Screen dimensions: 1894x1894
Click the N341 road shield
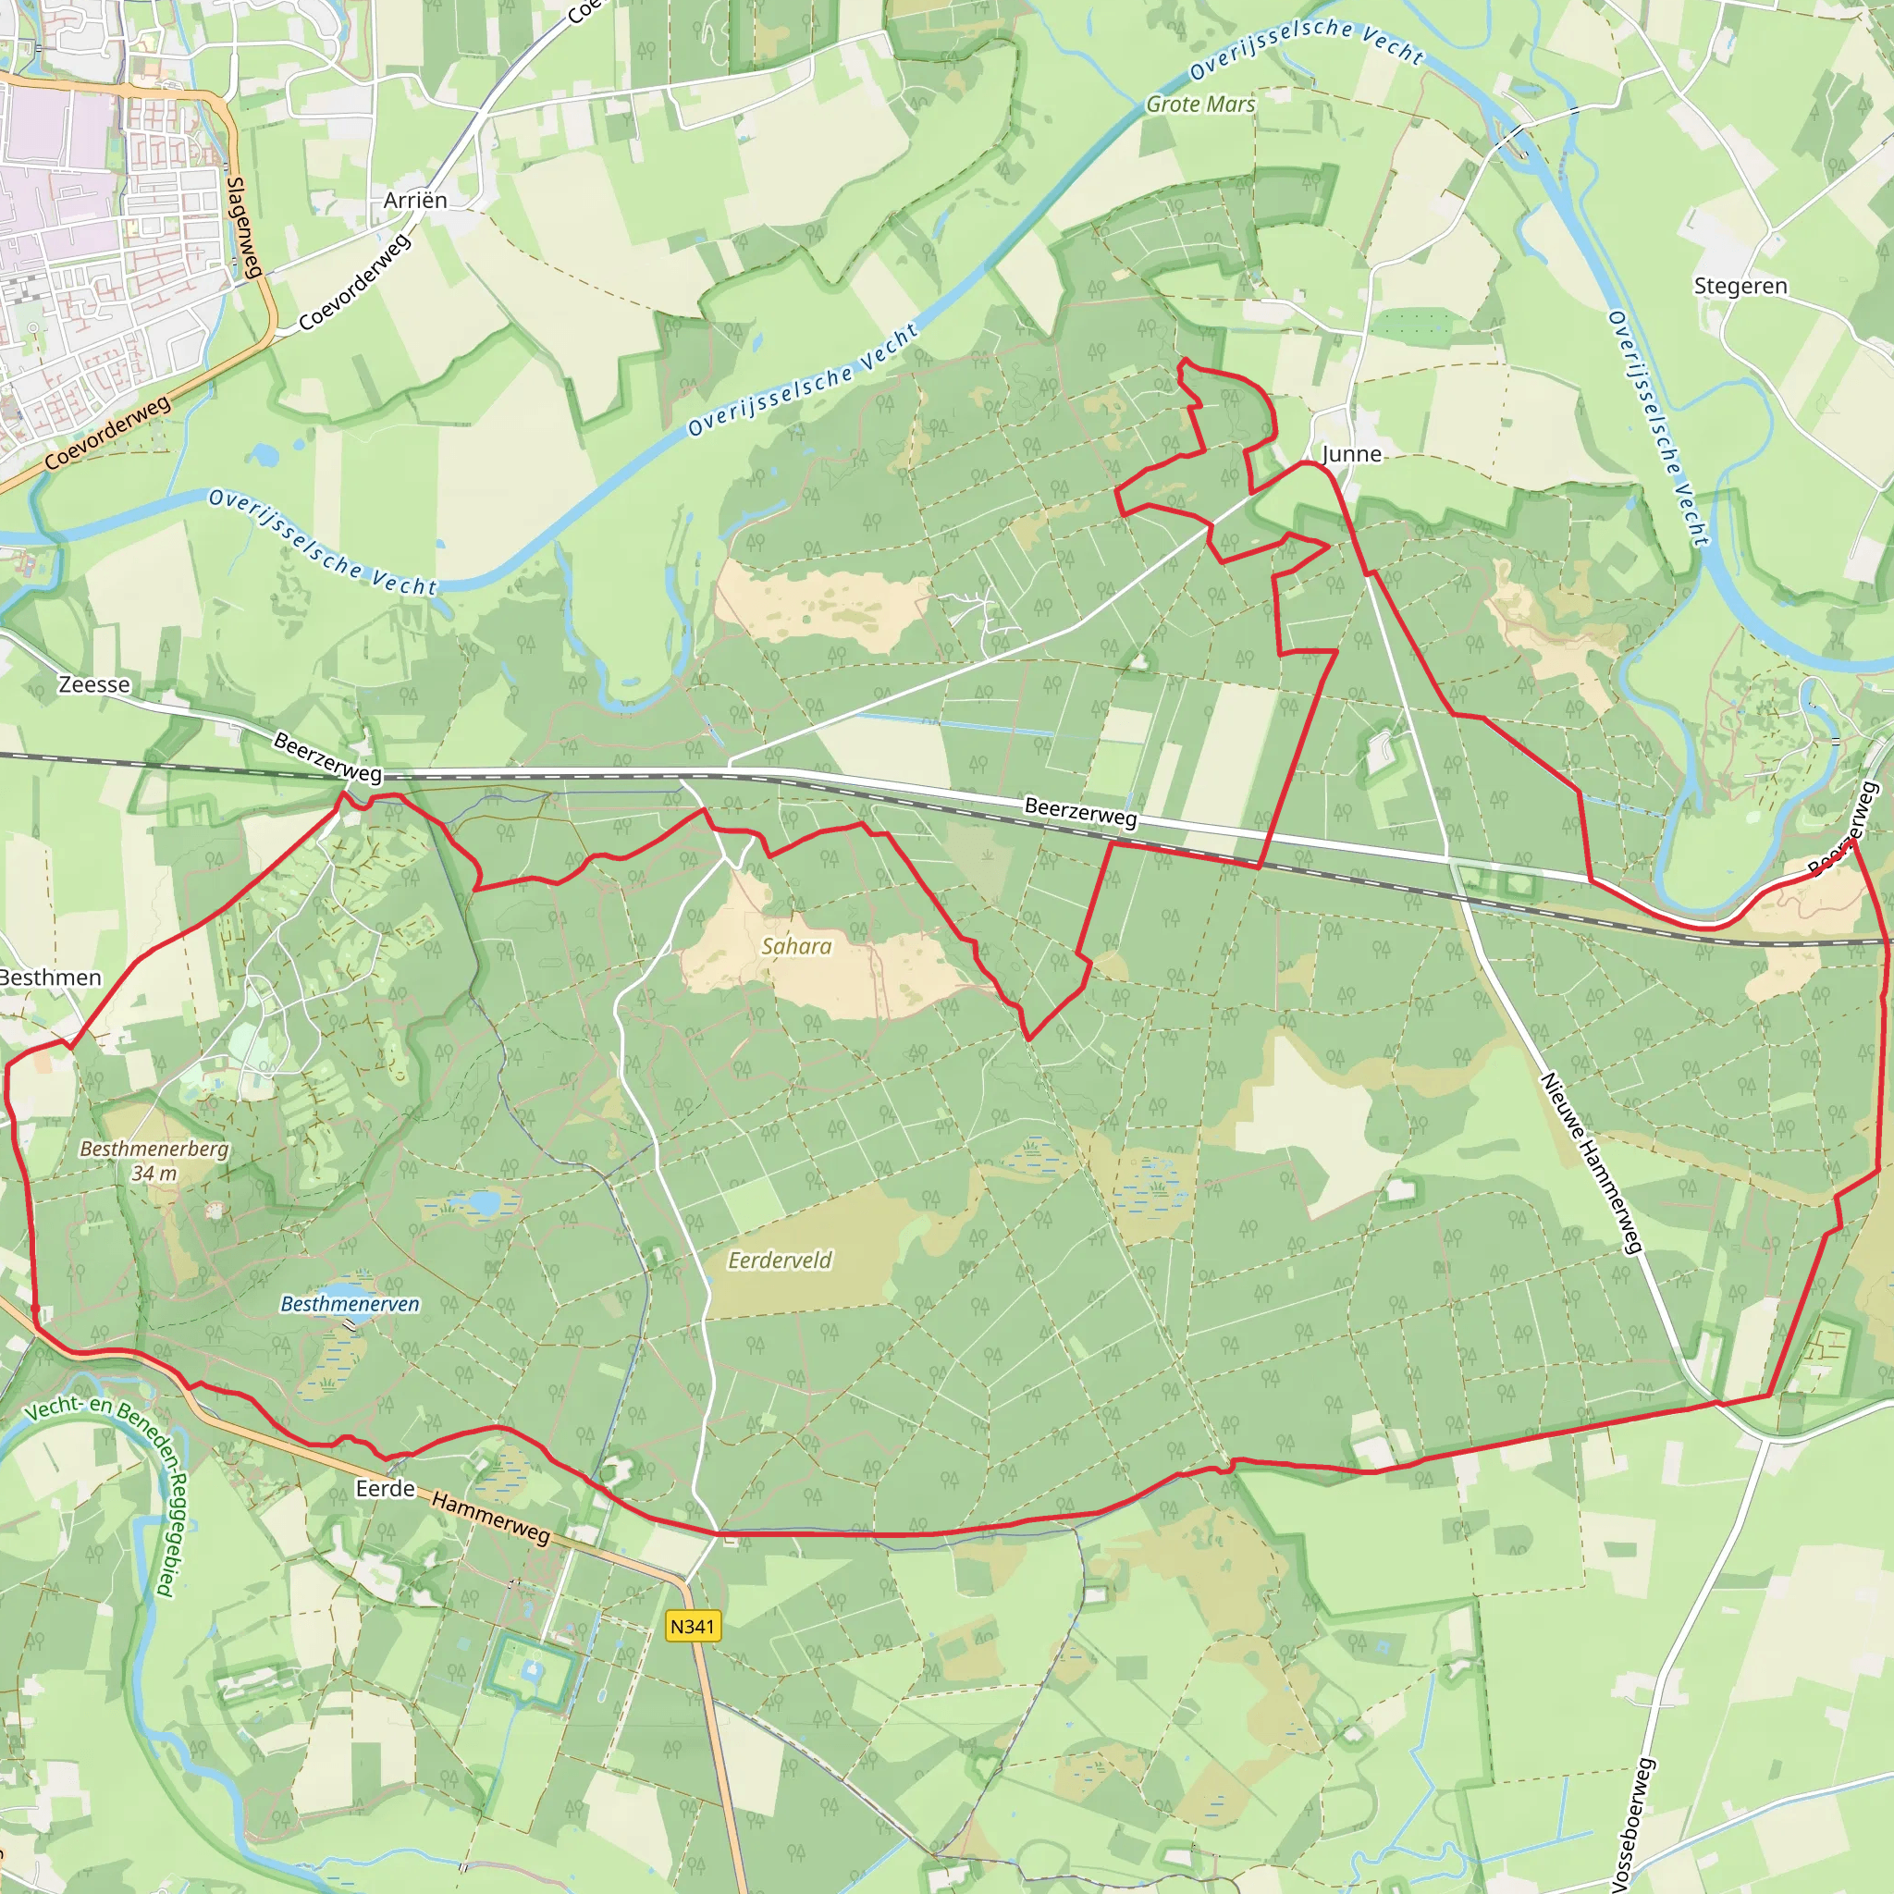point(693,1627)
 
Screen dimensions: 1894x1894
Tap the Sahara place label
point(796,946)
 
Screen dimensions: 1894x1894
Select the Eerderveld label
point(780,1260)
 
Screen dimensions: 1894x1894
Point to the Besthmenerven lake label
point(350,1304)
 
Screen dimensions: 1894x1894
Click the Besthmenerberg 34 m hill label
point(154,1160)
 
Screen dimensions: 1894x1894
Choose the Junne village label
point(1352,454)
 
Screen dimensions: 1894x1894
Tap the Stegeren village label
point(1740,287)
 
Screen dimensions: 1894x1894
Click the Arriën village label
point(415,200)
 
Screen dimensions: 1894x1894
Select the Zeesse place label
point(94,684)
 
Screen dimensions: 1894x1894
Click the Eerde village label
point(386,1488)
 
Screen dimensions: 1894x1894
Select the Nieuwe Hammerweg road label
point(1590,1162)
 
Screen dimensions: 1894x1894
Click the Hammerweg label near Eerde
point(490,1517)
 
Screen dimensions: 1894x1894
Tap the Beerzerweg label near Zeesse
point(327,756)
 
